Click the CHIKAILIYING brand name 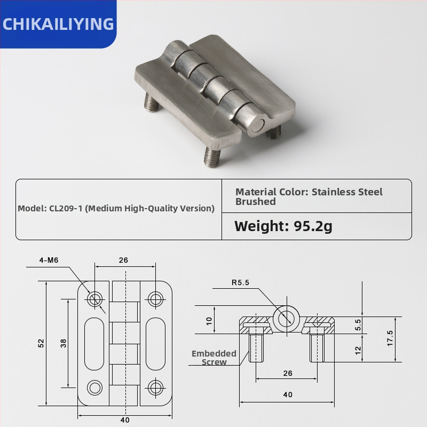(x=58, y=24)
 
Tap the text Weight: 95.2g (x=283, y=226)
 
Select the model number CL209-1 (x=67, y=208)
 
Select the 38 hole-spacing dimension (x=63, y=343)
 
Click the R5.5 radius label (x=240, y=283)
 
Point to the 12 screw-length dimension (x=358, y=350)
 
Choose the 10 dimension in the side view (x=209, y=320)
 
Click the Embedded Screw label (x=213, y=358)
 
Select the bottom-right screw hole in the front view (x=155, y=387)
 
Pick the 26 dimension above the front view (x=123, y=260)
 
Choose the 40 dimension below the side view (x=288, y=395)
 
